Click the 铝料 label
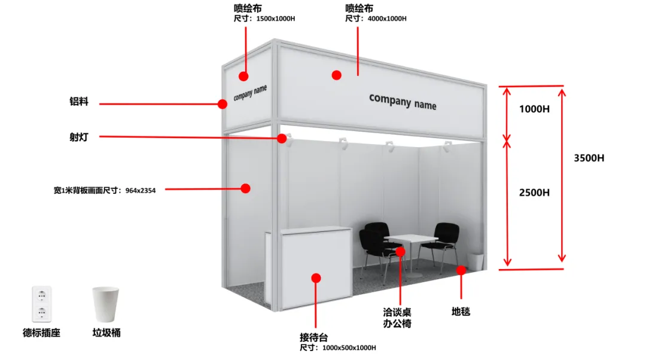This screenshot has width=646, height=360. [78, 102]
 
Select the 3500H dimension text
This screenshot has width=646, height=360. [589, 158]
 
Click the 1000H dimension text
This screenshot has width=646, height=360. [534, 109]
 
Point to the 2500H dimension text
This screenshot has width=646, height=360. [534, 193]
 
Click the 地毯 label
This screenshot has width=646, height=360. [461, 312]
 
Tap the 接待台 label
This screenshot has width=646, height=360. [313, 337]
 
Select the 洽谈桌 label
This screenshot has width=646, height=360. [397, 312]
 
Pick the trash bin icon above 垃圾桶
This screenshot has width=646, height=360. [106, 304]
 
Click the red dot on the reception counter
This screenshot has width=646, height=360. [316, 278]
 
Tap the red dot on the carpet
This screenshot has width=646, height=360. [461, 270]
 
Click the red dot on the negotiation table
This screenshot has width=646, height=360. [401, 251]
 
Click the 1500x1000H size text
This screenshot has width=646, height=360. [275, 19]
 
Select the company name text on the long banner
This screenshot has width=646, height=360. [403, 101]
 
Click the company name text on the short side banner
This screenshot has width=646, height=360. [250, 93]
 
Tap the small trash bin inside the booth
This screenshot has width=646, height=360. [475, 261]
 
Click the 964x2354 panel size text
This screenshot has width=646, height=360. [139, 191]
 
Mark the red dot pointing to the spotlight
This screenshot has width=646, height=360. [282, 139]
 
